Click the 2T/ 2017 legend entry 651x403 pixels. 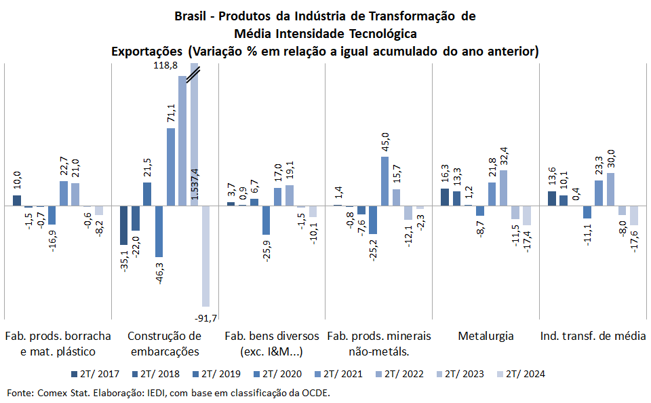95,374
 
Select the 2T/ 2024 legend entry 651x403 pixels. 521,374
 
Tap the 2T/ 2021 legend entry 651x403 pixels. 338,374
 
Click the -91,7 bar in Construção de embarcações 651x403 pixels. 206,256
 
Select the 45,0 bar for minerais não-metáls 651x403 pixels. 385,181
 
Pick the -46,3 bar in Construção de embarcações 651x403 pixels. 159,231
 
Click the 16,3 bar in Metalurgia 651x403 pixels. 445,197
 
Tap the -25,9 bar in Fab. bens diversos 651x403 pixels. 266,220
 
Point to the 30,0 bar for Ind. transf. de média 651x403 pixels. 611,189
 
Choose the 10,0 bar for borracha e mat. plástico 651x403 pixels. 17,200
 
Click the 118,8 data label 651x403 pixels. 165,65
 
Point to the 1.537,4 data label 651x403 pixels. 195,184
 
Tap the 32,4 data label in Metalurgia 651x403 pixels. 504,156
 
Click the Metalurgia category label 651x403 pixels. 486,336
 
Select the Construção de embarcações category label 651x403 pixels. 165,343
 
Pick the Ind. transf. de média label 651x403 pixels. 593,336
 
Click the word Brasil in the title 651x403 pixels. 190,16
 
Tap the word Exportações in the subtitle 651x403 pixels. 146,52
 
